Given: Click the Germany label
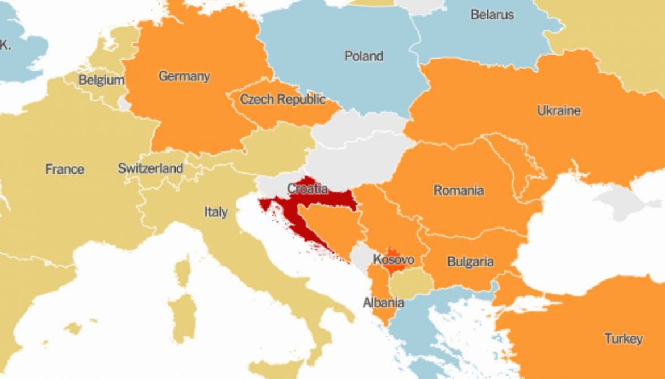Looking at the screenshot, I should coord(184,76).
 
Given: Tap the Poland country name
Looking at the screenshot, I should coord(364,56).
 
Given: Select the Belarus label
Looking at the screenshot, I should coord(492,15).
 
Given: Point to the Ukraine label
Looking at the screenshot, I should coord(559,110).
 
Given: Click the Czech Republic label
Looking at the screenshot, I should coord(282,100).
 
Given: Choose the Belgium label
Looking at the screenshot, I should coord(101,80).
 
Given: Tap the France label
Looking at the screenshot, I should coord(65,169).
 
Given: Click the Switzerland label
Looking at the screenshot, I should coord(151,168).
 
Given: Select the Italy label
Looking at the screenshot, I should coord(216,212).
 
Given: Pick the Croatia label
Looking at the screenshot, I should coord(307,188).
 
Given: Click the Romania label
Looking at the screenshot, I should coord(459,190).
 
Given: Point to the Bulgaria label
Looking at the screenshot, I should coord(470,262).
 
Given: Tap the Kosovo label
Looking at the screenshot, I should coord(393,259).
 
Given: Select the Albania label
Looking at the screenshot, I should coord(384,303).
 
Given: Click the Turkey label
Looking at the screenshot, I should coord(624,339).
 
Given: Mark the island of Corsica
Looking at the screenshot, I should coord(182,271).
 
